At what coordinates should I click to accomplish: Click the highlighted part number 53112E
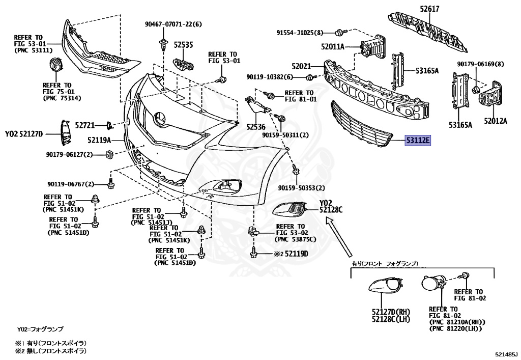[x=417, y=140]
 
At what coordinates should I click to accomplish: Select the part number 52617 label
[x=429, y=9]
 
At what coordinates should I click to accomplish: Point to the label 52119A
[x=99, y=140]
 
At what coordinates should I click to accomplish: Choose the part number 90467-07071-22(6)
[x=173, y=24]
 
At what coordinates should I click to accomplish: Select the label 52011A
[x=333, y=47]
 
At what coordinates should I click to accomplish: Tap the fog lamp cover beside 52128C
[x=292, y=209]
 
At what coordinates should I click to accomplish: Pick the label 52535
[x=183, y=45]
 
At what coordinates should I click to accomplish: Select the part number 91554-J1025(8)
[x=300, y=33]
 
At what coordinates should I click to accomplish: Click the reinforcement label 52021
[x=301, y=66]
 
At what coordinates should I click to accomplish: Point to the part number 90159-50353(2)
[x=301, y=188]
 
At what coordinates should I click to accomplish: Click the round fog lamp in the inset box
[x=432, y=286]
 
